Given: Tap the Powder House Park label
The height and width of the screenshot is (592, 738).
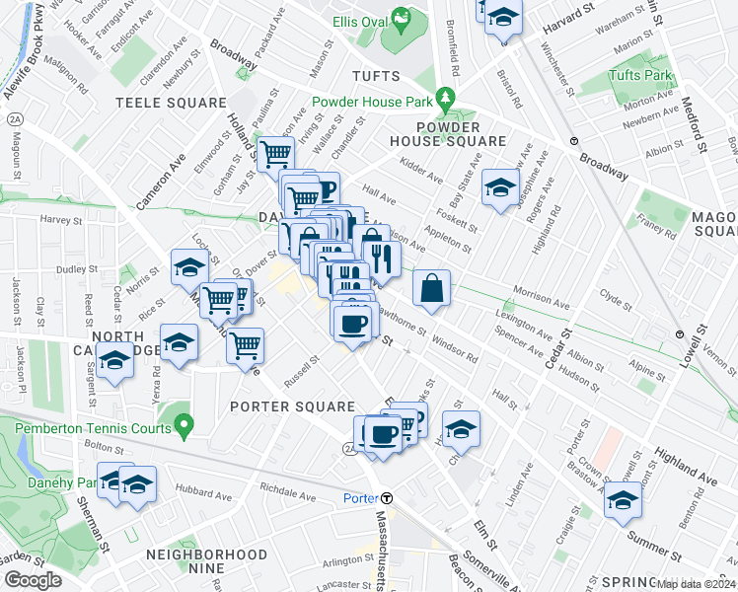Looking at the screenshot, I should point(373,101).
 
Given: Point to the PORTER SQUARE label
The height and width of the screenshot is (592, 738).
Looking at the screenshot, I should point(292,407).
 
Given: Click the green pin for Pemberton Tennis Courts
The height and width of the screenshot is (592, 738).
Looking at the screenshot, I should point(182,425).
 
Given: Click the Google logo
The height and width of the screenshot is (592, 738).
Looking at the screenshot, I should point(34,580).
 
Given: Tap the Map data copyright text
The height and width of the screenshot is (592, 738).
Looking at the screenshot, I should point(696,584).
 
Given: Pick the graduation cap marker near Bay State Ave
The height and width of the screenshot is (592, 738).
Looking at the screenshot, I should point(500,186).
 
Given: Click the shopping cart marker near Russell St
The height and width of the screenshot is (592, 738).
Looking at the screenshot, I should point(245,345).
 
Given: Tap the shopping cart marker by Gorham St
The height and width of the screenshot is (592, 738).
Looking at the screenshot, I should point(275,154).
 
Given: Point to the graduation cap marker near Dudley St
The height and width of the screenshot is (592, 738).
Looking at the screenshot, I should point(188,266).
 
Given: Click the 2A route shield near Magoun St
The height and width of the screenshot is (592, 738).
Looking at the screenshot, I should point(14,119).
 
